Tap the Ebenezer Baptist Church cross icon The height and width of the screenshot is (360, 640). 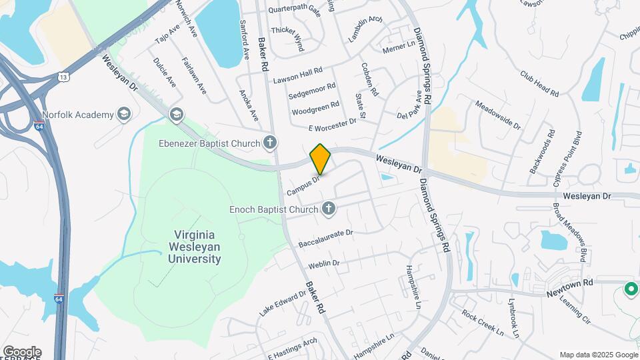tap(270, 142)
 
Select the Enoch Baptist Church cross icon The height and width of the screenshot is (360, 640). tap(327, 210)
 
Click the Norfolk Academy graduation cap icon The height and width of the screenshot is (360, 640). tap(123, 115)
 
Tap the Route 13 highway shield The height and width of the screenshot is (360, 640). tap(62, 77)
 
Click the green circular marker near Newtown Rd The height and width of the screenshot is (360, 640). tap(630, 290)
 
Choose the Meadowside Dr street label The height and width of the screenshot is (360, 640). tap(497, 113)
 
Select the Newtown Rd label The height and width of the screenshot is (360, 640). tap(570, 283)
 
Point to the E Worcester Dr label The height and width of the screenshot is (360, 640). tap(332, 125)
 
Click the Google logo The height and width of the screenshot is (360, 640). tap(21, 351)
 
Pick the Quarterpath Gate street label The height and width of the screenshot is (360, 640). tap(295, 11)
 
